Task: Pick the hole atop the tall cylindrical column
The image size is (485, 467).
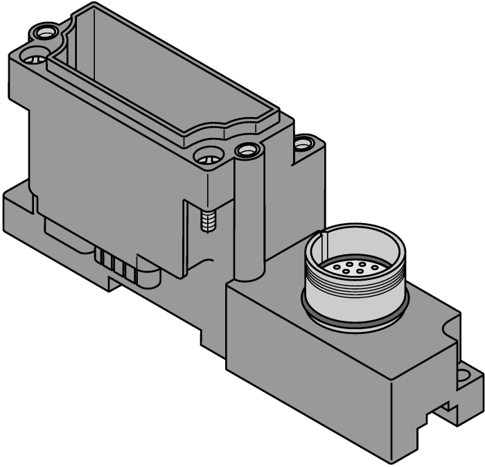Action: click(x=246, y=149)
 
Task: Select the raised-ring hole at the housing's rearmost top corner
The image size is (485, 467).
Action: click(x=46, y=31)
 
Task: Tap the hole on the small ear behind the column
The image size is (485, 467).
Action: click(x=303, y=144)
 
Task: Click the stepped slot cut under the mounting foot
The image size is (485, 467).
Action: click(x=443, y=409)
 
